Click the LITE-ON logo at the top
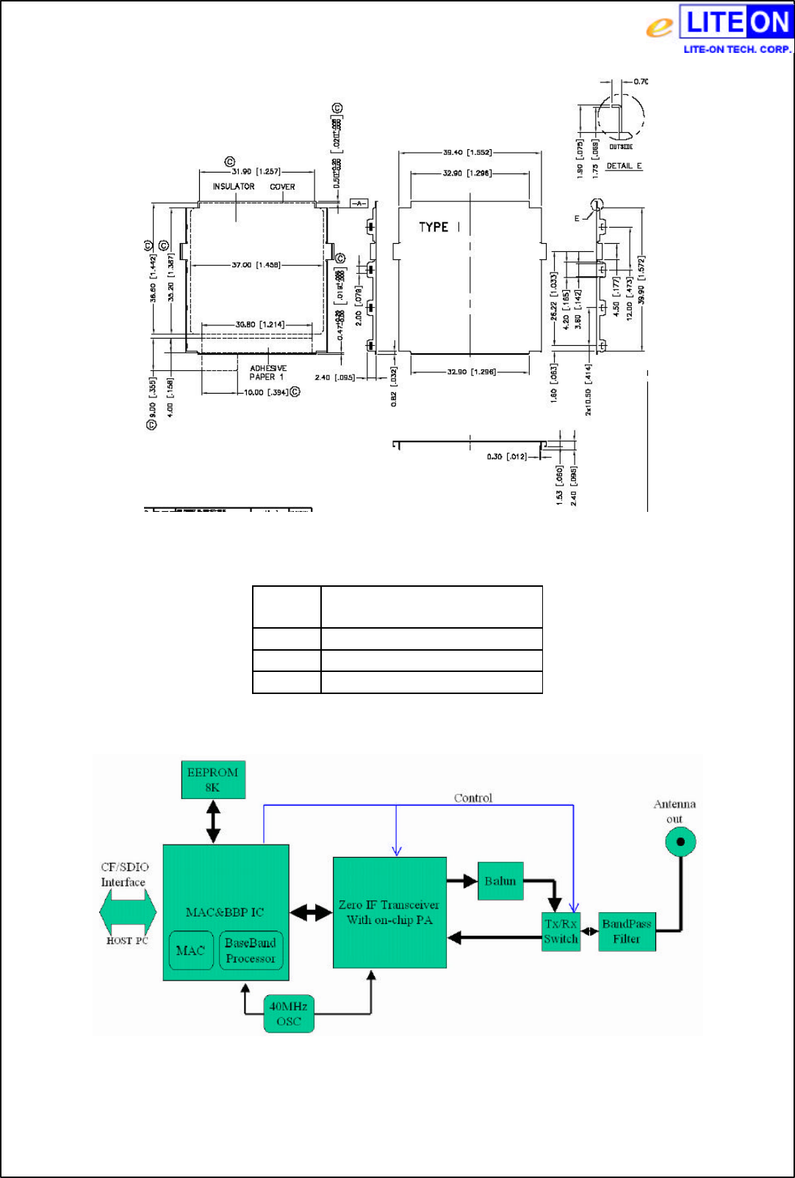719,28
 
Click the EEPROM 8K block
213,780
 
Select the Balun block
500,881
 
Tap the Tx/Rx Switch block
561,932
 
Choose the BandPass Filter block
627,932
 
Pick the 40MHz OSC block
289,1014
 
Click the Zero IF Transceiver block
389,913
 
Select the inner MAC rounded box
191,950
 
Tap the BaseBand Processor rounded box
251,950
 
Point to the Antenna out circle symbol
680,842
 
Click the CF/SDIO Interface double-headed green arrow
128,912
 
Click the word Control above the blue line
472,798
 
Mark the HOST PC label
127,941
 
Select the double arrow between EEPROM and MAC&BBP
213,821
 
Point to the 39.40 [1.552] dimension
467,153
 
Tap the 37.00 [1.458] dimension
256,265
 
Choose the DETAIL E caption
624,166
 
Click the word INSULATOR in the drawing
234,187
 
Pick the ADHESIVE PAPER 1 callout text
267,373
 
